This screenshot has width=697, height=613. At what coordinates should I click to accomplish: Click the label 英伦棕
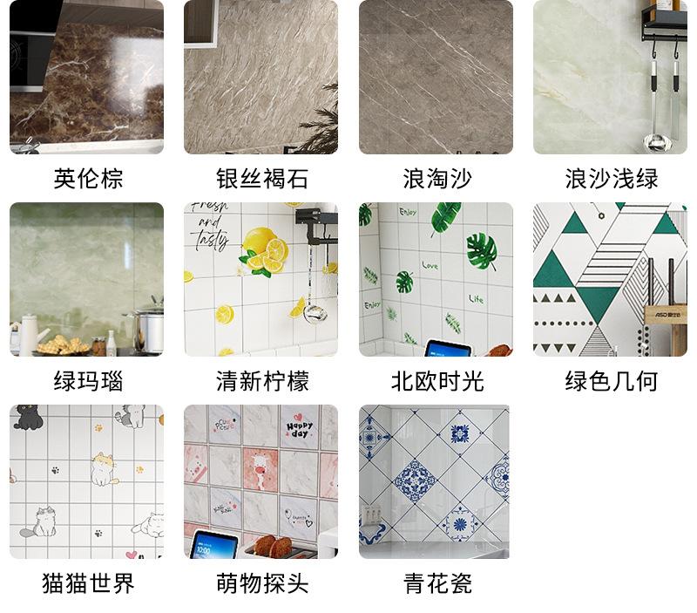coord(88,180)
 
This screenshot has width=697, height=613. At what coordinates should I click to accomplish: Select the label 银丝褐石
coord(261,180)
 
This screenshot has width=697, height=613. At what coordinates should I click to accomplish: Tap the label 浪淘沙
coord(436,180)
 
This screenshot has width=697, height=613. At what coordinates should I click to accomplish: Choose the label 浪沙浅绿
coord(611,180)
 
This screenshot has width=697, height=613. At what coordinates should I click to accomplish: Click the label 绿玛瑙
coord(88,382)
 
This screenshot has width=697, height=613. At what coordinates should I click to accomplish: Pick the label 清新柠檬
coord(261,382)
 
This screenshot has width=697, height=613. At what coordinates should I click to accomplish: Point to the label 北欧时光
coord(436,382)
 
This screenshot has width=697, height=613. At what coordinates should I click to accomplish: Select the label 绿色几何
coord(611,382)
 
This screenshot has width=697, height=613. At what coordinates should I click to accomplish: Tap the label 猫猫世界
coord(88,583)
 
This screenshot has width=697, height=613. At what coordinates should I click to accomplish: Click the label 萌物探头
coord(261,583)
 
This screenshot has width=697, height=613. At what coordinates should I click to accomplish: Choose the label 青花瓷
coord(436,583)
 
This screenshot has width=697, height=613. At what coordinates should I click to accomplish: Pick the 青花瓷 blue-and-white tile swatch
coord(434,481)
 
